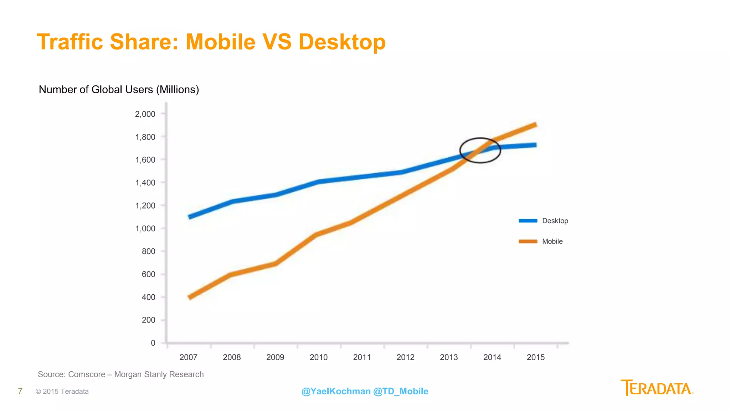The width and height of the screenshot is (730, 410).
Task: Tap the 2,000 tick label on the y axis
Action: point(145,114)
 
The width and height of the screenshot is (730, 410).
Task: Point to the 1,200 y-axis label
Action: point(145,206)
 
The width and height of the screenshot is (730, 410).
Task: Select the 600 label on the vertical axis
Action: point(148,274)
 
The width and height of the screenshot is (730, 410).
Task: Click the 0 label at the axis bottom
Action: point(153,343)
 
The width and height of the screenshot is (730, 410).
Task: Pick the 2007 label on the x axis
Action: point(188,357)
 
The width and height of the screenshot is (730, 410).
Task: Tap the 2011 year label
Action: point(362,357)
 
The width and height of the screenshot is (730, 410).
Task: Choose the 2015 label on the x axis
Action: point(535,357)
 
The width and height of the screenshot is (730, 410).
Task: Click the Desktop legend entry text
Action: point(555,221)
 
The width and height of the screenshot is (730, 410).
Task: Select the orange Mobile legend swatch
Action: point(528,242)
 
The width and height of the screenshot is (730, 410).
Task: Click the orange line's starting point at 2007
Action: point(190,297)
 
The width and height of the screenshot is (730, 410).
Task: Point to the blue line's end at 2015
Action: point(535,145)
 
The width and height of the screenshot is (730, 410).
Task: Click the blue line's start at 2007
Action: point(190,217)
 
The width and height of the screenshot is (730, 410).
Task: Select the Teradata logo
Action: point(657,388)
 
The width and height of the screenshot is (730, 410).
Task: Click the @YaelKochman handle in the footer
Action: point(336,391)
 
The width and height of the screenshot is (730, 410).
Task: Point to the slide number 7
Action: point(20,391)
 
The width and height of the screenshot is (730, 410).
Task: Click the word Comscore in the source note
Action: point(87,374)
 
